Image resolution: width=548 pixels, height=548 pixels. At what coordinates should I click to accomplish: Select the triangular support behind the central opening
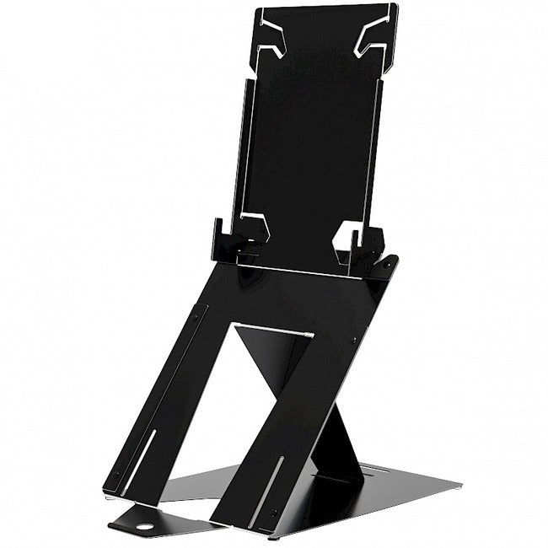point(268,363)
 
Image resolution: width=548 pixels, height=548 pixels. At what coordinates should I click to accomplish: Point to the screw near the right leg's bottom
point(274,513)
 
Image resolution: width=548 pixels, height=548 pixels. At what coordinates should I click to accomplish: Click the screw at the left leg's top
point(196,318)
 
